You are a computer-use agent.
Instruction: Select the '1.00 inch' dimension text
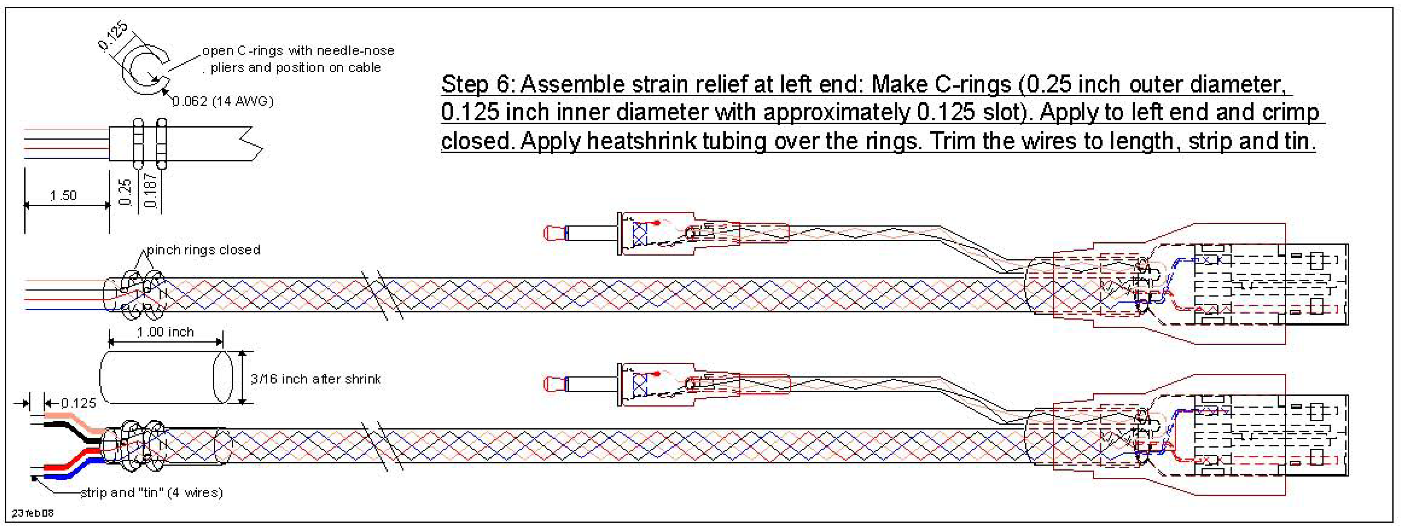tap(165, 332)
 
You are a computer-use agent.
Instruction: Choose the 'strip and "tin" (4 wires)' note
tap(152, 492)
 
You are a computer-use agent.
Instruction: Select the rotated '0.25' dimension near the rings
tap(125, 192)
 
